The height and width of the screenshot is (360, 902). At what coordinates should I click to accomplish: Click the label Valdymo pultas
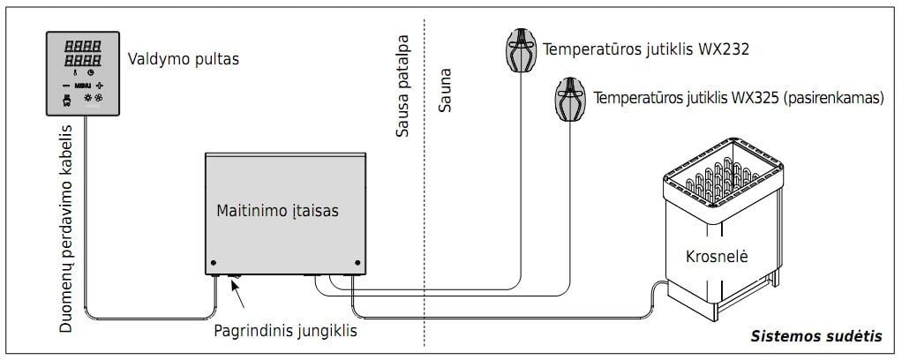tap(183, 60)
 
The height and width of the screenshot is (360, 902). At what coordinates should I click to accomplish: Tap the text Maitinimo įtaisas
tap(277, 211)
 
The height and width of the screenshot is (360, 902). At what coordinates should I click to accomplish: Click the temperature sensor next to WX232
tap(520, 50)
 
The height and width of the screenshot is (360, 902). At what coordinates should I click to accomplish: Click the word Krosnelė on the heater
tap(716, 257)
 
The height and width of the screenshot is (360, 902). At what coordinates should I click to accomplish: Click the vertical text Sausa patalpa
tap(402, 88)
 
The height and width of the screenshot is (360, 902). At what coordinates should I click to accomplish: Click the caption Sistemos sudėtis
tap(816, 336)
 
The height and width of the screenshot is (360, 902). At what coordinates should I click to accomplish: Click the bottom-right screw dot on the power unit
tap(357, 263)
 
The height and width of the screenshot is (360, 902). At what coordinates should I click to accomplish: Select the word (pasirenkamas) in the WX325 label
tap(834, 98)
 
